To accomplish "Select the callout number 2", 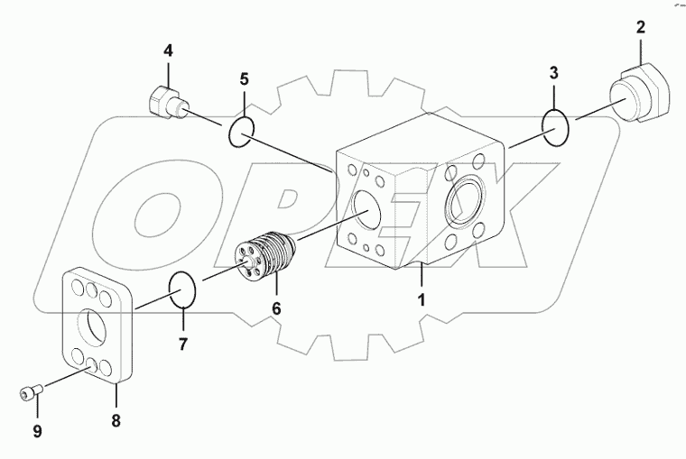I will [x=640, y=27].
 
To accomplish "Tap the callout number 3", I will [x=555, y=71].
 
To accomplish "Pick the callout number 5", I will [x=243, y=78].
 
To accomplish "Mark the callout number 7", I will [x=182, y=344].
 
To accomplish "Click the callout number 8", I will [x=116, y=420].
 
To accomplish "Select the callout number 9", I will [x=37, y=432].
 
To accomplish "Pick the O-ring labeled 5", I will [x=240, y=131].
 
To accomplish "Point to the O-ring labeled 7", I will [x=184, y=290].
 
